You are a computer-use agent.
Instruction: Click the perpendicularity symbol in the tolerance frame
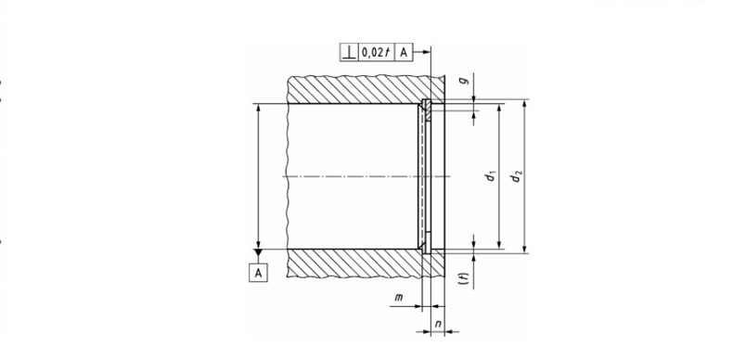[x=348, y=52]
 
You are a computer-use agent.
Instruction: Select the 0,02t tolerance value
[x=377, y=52]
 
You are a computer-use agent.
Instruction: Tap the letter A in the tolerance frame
[x=404, y=52]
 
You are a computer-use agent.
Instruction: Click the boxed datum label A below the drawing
[x=259, y=273]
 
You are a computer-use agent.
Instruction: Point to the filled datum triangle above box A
[x=259, y=253]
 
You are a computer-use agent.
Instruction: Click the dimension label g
[x=464, y=81]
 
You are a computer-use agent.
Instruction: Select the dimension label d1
[x=491, y=176]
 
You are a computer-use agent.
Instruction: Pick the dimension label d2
[x=516, y=176]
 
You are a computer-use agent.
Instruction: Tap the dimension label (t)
[x=464, y=279]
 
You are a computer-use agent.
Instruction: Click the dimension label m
[x=399, y=297]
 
